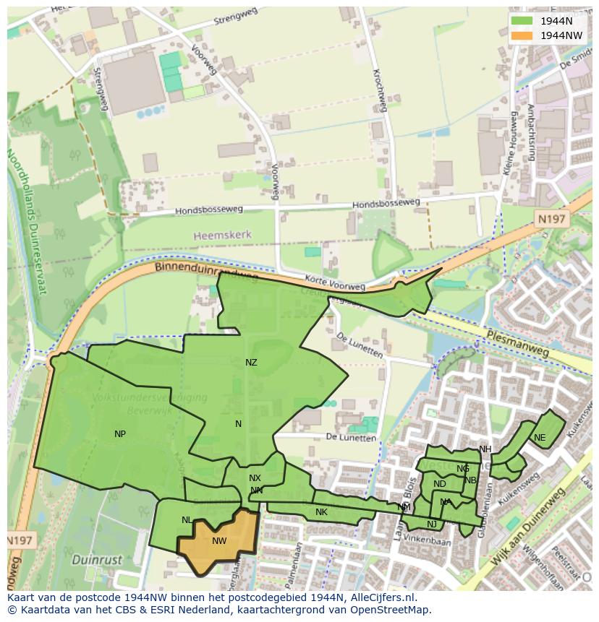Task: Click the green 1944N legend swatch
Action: [x=522, y=21]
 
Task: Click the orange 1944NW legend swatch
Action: [x=522, y=35]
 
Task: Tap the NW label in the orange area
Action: [x=219, y=541]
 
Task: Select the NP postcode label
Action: [x=120, y=434]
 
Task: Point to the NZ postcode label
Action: [x=251, y=363]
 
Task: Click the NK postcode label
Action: [x=321, y=512]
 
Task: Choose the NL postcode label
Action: [x=187, y=520]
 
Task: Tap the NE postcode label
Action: [x=540, y=438]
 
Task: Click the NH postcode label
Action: [x=485, y=449]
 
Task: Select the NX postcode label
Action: [x=255, y=478]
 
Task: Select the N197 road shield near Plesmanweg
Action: [x=553, y=218]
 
